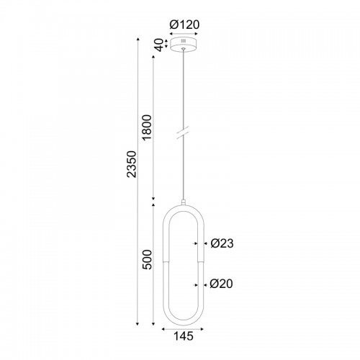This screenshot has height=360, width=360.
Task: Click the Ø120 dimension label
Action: [184, 24]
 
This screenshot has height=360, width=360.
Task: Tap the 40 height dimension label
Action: [159, 45]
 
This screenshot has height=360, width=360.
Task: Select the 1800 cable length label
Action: [147, 127]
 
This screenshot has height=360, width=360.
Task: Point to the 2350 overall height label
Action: [132, 164]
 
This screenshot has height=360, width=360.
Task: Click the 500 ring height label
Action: [148, 260]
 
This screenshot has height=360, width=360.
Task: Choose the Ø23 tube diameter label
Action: [222, 243]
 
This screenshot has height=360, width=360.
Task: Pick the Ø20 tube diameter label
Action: [221, 284]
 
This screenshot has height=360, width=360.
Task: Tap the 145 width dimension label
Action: [184, 336]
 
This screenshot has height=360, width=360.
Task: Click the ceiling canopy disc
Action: [184, 44]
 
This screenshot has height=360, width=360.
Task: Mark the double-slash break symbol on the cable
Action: [183, 132]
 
